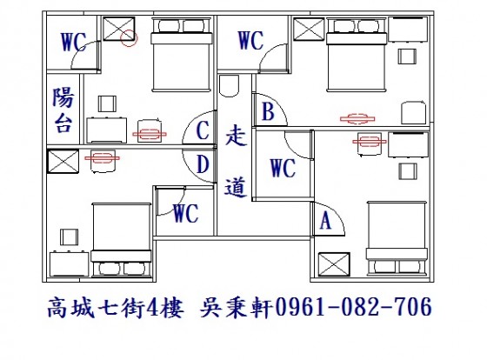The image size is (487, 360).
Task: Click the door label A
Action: (325, 220)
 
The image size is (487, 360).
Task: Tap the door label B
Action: (268, 111)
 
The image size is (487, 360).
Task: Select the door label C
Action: (203, 130)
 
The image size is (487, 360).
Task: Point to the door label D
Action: (203, 164)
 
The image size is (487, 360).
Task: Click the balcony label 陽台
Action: (63, 110)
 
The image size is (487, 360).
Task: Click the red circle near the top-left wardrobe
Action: (129, 38)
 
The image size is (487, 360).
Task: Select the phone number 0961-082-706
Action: (353, 307)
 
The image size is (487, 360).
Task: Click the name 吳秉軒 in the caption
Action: (236, 307)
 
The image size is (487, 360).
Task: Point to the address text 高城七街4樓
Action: (116, 307)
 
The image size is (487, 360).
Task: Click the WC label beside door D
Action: (186, 213)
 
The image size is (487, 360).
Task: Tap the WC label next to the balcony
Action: (74, 42)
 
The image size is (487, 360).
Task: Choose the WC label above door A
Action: (283, 168)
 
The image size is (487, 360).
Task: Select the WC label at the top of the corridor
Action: (250, 40)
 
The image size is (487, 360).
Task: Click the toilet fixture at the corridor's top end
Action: (230, 85)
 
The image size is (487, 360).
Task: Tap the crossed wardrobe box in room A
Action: (334, 264)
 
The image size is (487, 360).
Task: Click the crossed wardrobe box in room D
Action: (63, 161)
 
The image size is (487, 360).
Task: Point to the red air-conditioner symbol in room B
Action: (357, 118)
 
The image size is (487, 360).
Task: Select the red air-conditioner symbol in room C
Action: (150, 134)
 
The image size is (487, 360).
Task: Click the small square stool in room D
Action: (69, 237)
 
